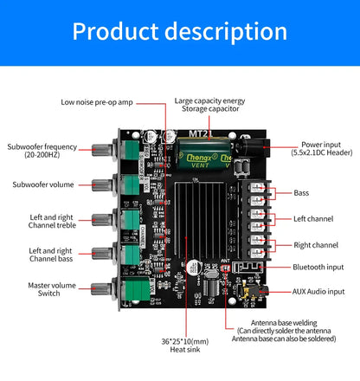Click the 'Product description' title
tap(179, 32)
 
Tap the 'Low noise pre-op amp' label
tap(98, 102)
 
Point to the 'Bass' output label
tap(300, 193)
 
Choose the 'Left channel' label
tap(312, 219)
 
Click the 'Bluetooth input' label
tap(318, 268)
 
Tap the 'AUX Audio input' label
tap(318, 292)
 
